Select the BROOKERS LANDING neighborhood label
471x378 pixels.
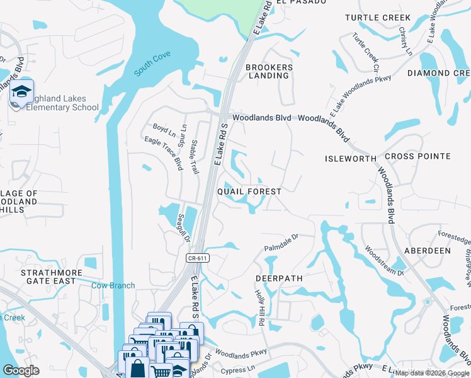269,71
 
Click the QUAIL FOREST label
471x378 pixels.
249,190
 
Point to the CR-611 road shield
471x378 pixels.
198,258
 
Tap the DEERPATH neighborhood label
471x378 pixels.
279,278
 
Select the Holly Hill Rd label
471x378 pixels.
259,307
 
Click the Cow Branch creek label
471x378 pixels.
113,285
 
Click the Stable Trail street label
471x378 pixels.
195,157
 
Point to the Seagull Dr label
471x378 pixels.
183,228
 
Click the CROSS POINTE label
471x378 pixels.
417,156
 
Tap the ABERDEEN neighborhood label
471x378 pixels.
428,250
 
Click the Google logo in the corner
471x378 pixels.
21,370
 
